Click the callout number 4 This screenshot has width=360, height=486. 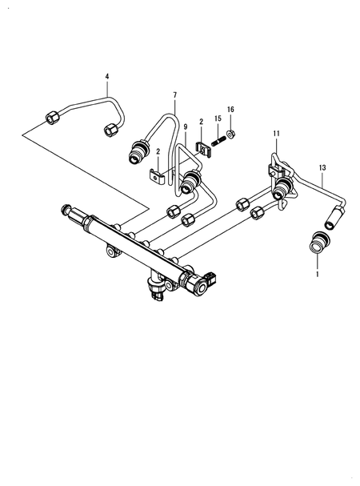click(106, 77)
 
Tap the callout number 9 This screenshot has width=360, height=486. click(185, 127)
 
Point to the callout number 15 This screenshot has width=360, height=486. click(218, 119)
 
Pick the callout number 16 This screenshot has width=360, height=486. click(230, 109)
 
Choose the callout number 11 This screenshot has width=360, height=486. click(276, 132)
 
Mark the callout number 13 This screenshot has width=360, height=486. click(322, 167)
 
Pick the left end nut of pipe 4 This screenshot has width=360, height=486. click(52, 118)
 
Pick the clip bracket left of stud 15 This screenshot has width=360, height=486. click(202, 146)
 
